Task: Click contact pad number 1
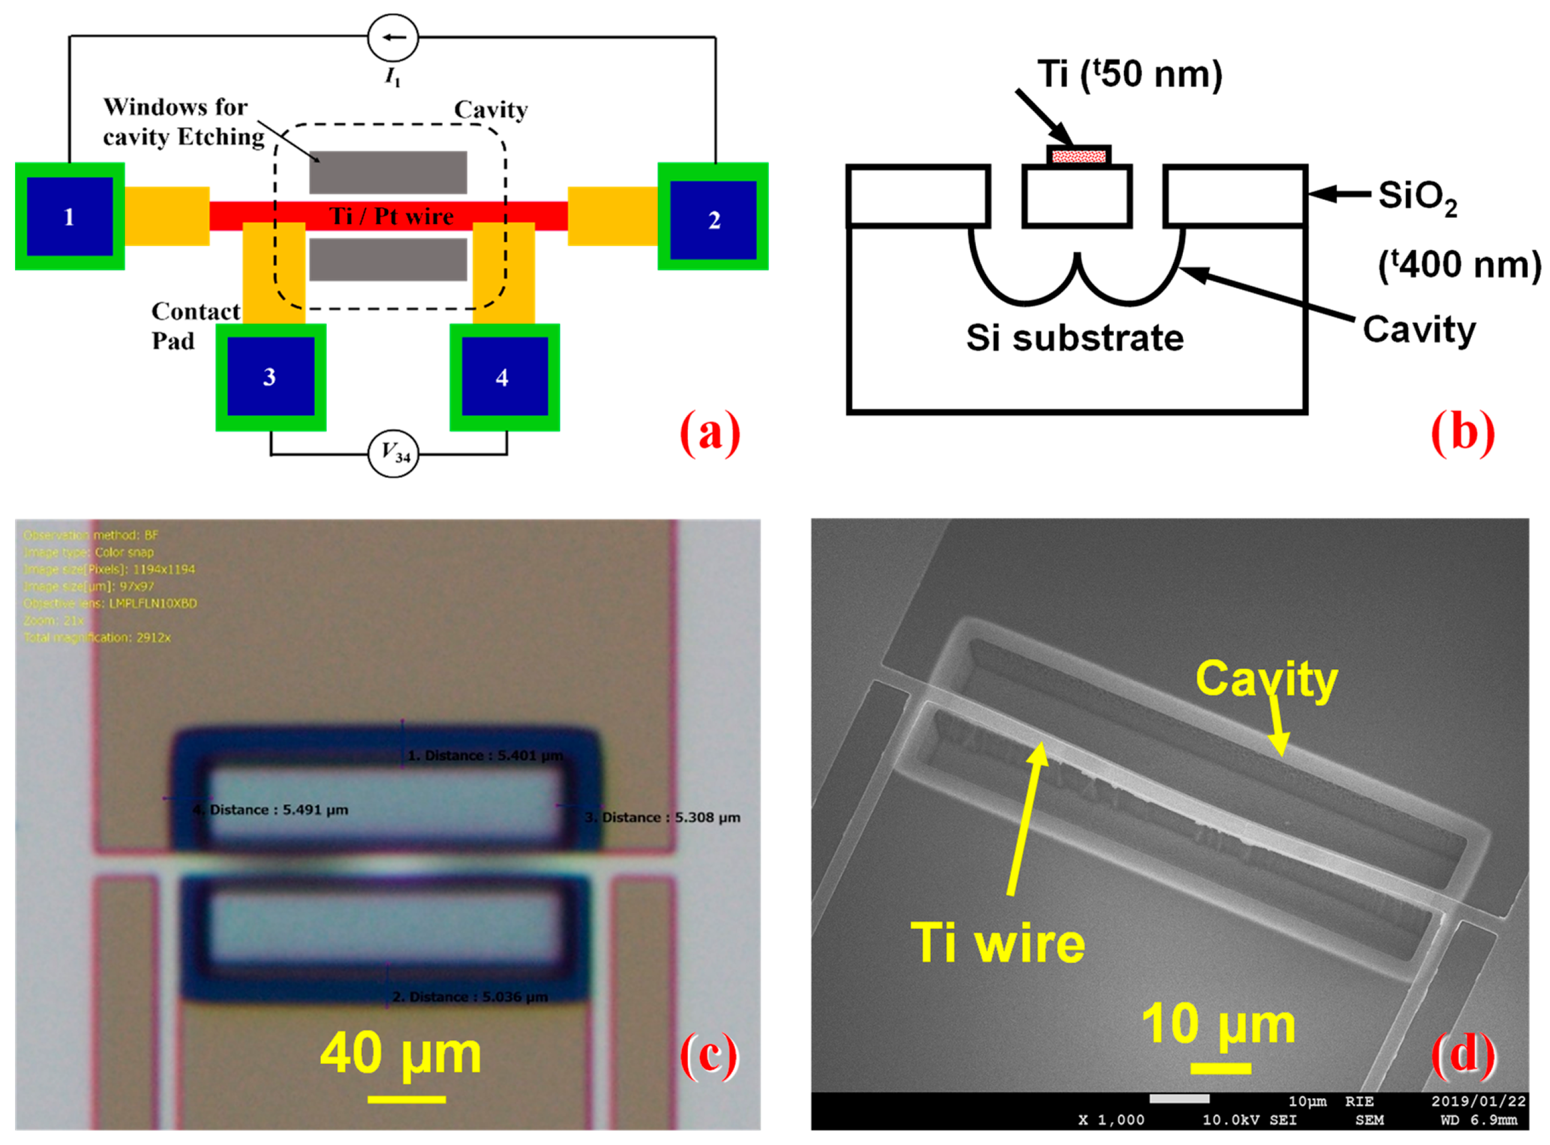pos(70,216)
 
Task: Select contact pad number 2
pos(713,219)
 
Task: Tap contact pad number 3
pos(270,376)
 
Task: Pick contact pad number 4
pos(504,376)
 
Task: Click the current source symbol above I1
pos(393,37)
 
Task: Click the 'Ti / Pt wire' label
pos(392,216)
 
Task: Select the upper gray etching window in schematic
pos(388,172)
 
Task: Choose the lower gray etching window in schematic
pos(388,260)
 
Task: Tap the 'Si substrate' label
pos(1075,338)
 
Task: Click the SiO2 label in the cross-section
pos(1417,197)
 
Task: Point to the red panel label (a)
pos(710,434)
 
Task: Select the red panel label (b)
pos(1462,434)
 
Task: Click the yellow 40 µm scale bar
pos(407,1099)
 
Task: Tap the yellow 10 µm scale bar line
pos(1220,1068)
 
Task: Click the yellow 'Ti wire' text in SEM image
pos(998,943)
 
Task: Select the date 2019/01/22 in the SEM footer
pos(1478,1101)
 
